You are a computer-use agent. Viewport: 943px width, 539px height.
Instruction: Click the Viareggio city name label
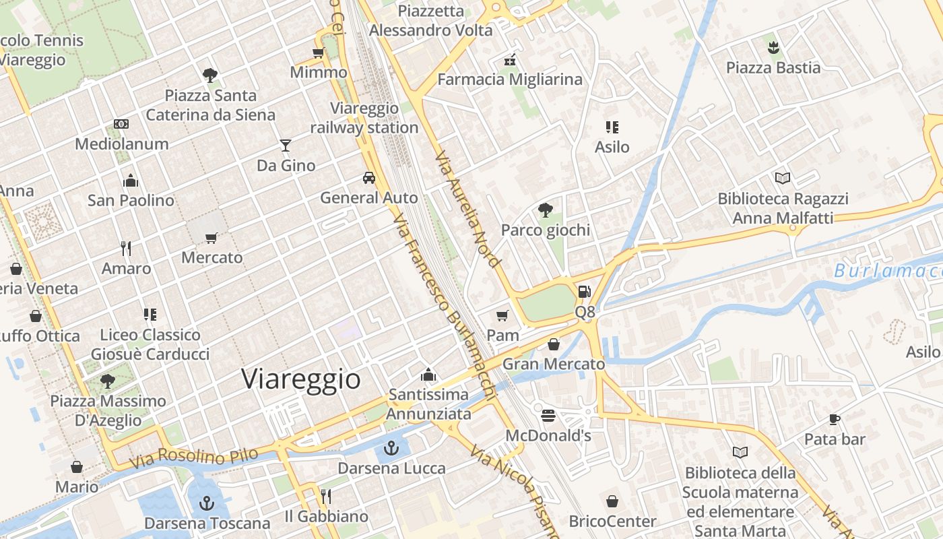pyautogui.click(x=301, y=379)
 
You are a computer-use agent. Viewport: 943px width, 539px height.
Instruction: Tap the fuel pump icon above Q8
pyautogui.click(x=585, y=292)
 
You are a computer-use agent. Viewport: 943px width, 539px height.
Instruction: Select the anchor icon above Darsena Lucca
pyautogui.click(x=391, y=447)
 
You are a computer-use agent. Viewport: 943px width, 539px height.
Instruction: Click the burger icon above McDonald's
pyautogui.click(x=548, y=415)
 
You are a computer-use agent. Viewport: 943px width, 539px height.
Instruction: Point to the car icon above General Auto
pyautogui.click(x=369, y=177)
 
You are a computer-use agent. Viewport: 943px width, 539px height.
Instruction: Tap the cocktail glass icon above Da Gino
pyautogui.click(x=286, y=145)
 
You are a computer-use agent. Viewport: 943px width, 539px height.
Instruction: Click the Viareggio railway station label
pyautogui.click(x=364, y=118)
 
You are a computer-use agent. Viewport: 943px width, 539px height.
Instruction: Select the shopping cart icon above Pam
pyautogui.click(x=502, y=315)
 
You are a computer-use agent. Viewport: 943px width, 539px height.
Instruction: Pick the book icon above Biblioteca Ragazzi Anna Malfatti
pyautogui.click(x=782, y=178)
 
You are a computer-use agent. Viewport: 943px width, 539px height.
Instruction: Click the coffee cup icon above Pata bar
pyautogui.click(x=835, y=419)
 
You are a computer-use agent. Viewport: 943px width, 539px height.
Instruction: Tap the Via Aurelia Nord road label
pyautogui.click(x=469, y=209)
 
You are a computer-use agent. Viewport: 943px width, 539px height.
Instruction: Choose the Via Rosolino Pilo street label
pyautogui.click(x=193, y=458)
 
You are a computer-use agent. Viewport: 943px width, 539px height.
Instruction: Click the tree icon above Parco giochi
pyautogui.click(x=545, y=210)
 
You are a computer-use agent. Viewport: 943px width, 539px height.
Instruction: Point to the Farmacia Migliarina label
pyautogui.click(x=510, y=80)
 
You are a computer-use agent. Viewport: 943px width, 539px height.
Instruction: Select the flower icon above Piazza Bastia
pyautogui.click(x=773, y=47)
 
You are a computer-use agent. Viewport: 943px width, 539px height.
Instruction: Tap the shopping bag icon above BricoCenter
pyautogui.click(x=612, y=501)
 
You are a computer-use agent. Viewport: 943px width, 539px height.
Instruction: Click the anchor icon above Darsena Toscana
pyautogui.click(x=207, y=503)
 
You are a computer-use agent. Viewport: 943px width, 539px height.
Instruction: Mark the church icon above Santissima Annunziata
pyautogui.click(x=428, y=374)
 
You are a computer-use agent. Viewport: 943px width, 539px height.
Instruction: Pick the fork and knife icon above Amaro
pyautogui.click(x=126, y=248)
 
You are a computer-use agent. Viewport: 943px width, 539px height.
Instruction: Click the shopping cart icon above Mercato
pyautogui.click(x=212, y=237)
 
